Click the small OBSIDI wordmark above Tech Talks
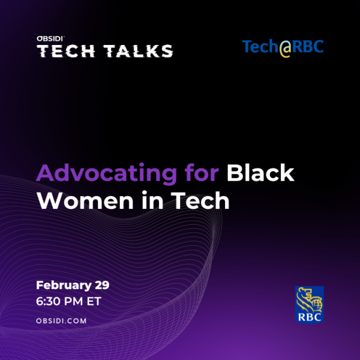coord(50,39)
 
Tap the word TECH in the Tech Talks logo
coord(66,51)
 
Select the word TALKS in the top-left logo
coord(138,51)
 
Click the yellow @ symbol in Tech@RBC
coord(286,48)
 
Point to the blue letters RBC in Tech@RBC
coord(308,46)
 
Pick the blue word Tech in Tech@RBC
coord(260,46)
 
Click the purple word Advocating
coord(107,173)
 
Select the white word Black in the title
coord(260,173)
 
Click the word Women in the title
coord(85,200)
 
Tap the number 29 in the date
coord(102,285)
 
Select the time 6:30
coord(48,301)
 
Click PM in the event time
coord(73,301)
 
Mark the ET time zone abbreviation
coord(94,301)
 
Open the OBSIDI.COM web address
coord(61,321)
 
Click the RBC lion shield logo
coord(309,305)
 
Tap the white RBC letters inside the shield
coord(310,317)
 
